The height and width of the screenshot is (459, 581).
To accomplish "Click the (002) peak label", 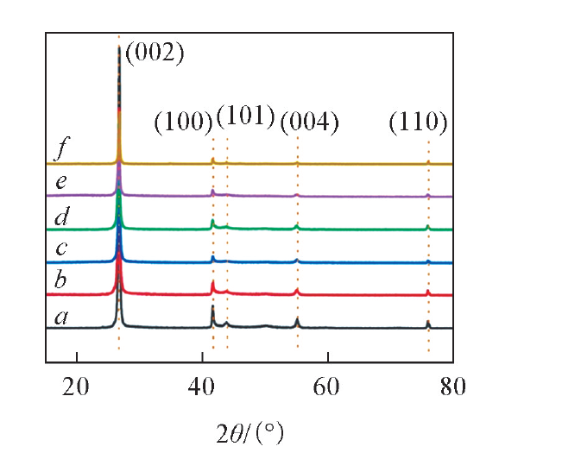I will (155, 54).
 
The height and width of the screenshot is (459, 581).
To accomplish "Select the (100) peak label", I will (183, 123).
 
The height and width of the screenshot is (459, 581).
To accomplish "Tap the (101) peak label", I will (245, 116).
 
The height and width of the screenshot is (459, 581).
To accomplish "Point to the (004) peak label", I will (309, 123).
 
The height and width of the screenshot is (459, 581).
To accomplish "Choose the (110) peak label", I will (418, 123).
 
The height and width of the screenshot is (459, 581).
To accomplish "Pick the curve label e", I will (60, 184).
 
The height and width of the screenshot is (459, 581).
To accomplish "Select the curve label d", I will (61, 217).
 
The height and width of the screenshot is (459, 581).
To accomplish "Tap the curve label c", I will (60, 250).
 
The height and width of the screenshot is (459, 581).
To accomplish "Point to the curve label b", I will (60, 282).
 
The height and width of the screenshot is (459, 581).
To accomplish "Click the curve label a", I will (60, 317).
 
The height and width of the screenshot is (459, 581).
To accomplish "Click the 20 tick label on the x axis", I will (77, 387).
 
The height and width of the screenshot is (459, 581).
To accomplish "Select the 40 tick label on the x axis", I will (202, 387).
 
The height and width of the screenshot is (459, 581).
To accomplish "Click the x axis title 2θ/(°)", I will (249, 429).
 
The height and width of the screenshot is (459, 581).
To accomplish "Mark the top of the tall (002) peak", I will (119, 47).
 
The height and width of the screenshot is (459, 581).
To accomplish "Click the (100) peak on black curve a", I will (212, 307).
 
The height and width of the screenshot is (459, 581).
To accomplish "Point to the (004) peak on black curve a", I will (297, 319).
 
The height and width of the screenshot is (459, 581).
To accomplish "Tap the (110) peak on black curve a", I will (428, 322).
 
